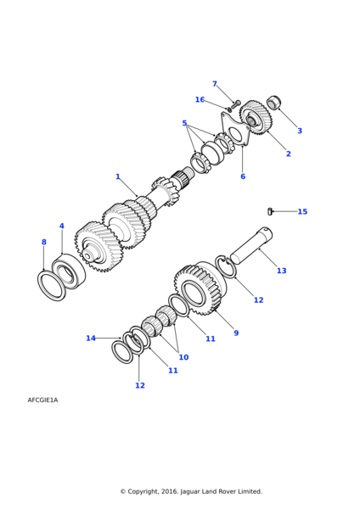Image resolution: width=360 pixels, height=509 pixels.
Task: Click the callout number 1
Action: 118,176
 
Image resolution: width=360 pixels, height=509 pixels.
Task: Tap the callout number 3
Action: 300,131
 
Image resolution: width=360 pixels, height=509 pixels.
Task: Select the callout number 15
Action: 302,211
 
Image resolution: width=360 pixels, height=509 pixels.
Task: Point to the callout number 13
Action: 282,271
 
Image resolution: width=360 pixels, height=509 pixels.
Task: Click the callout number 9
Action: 236,333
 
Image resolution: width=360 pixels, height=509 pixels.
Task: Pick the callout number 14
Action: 91,338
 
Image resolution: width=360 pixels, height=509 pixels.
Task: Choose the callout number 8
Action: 44,242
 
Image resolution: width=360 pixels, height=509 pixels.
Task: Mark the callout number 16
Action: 200,99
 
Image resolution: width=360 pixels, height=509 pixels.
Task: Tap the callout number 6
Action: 243,176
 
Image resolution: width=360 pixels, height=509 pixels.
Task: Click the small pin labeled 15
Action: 269,211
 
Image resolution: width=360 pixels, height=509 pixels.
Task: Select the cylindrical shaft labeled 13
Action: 251,245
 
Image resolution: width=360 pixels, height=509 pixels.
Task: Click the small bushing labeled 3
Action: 274,103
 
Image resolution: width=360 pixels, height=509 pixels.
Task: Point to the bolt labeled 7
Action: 235,104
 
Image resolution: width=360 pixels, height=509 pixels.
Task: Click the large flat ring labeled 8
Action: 51,286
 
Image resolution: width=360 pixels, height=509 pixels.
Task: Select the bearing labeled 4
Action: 69,271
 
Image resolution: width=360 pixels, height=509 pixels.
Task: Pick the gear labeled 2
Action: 256,117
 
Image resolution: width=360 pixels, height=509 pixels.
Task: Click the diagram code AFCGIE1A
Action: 42,400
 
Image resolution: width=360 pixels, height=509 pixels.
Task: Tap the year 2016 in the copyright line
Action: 169,491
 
